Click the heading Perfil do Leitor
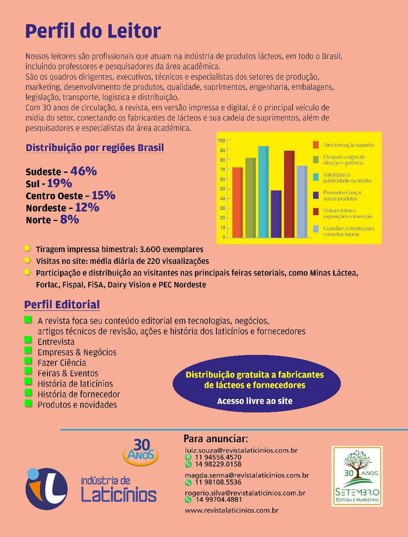coord(93,31)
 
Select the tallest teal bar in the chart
coord(263,192)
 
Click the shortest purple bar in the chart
coord(276,214)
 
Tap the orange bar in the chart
coord(237,202)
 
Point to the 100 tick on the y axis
coord(222,141)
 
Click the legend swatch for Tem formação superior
coord(316,145)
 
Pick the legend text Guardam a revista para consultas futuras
coord(348,231)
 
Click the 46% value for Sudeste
coord(84,171)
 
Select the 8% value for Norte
coord(69,219)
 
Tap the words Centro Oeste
coord(54,196)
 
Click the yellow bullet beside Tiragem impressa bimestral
coord(27,248)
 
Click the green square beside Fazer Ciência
coord(28,361)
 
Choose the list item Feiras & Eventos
coord(68,373)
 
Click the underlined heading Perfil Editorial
coord(62,305)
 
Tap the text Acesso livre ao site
coord(255,401)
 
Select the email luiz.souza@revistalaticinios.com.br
coord(241,450)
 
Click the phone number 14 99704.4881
coord(218,500)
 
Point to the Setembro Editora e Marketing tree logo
coord(357,476)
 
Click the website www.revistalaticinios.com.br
coord(232,511)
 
